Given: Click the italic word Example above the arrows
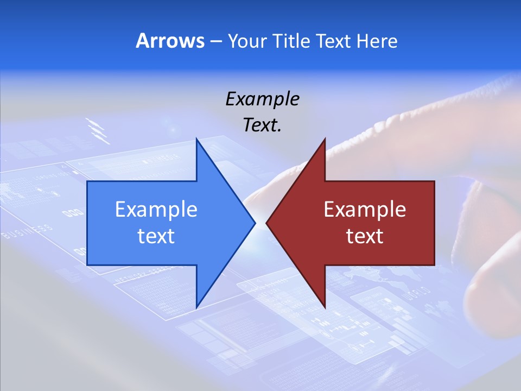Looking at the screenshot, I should [x=262, y=99].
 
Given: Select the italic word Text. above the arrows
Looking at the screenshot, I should [x=262, y=125].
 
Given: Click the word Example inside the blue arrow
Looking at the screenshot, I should [x=156, y=209].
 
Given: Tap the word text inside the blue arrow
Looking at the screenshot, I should [x=156, y=236].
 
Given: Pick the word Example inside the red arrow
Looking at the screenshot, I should [x=365, y=209].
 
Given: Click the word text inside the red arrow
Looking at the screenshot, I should [x=365, y=236].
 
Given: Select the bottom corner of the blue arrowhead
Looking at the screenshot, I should [x=196, y=306].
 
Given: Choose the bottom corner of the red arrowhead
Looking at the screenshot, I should [x=325, y=306].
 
